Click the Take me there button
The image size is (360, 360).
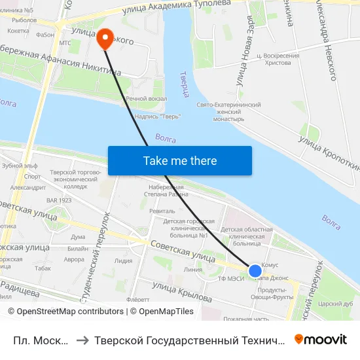coord(180,160)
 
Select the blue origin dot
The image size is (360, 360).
coord(255,270)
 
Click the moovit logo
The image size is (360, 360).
coord(321,339)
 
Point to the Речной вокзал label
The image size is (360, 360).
coord(146,99)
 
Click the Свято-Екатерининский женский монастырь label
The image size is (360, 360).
coord(229,112)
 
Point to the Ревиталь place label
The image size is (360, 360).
coord(162,211)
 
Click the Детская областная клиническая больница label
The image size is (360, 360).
coord(247,237)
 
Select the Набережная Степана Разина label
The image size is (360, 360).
coord(165,190)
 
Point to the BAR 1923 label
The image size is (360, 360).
coord(58,200)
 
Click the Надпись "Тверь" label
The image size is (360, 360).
coord(157,117)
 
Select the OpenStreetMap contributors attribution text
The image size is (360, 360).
coord(66,312)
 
